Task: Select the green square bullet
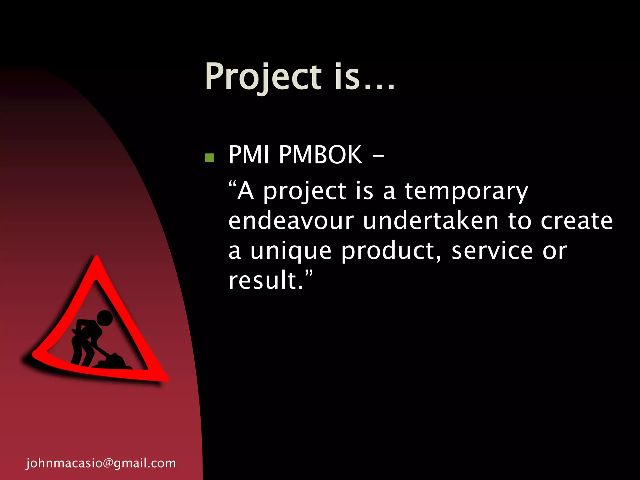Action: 209,158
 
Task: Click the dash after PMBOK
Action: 378,155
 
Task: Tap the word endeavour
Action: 291,221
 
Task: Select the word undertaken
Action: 431,221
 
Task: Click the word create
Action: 577,221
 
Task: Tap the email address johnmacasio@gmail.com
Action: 101,463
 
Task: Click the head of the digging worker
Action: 104,318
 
